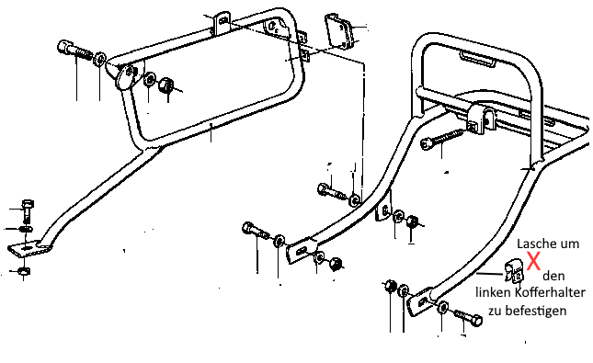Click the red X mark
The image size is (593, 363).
(x=533, y=261)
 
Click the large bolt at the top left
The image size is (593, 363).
(x=74, y=50)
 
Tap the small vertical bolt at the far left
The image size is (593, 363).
(x=28, y=210)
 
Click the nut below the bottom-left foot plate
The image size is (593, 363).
(x=24, y=271)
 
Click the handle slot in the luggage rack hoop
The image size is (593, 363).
(x=477, y=60)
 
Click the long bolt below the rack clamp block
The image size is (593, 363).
(x=442, y=139)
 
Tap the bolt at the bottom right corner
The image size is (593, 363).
(x=468, y=317)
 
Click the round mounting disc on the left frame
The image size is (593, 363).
(x=128, y=77)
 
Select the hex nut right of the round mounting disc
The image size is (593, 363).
(x=165, y=85)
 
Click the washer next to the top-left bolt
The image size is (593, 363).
(x=100, y=59)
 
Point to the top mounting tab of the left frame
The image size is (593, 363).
(x=222, y=24)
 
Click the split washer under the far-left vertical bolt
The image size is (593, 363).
(x=25, y=229)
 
